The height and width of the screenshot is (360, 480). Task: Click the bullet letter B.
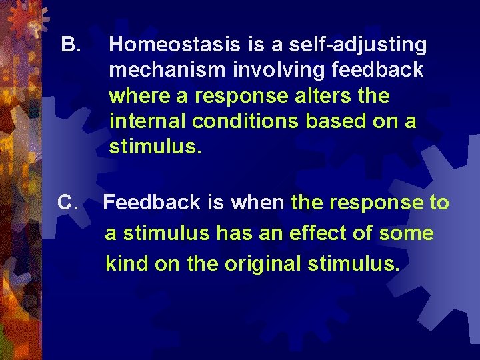[x=70, y=45]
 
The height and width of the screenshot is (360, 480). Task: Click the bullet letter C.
[x=70, y=202]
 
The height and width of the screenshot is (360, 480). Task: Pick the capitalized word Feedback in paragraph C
[x=153, y=202]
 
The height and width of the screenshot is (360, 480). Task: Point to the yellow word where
[x=135, y=96]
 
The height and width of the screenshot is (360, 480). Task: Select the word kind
[x=126, y=264]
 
